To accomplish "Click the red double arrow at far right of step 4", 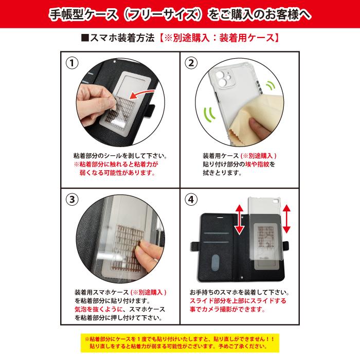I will (286, 219).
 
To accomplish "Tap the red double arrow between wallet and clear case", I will (239, 219).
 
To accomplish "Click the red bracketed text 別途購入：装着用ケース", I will (219, 38).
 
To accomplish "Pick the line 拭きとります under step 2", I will (222, 173).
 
